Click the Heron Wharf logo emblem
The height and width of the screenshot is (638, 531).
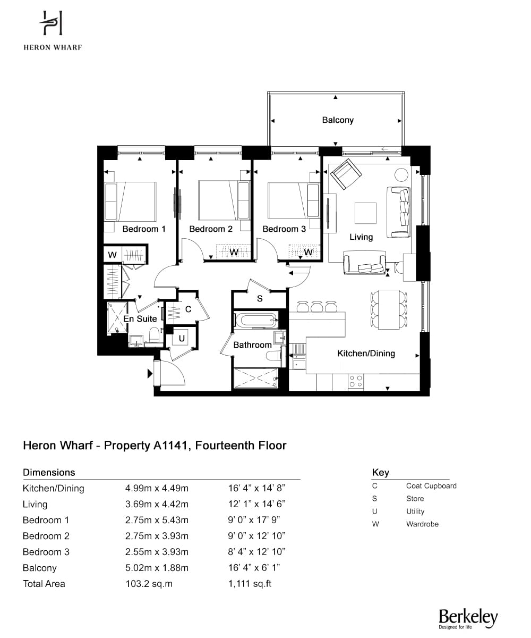(51, 23)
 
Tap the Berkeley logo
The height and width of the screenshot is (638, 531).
(468, 618)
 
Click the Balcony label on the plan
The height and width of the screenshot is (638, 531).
(338, 120)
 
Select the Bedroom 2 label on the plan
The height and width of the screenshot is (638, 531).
(211, 229)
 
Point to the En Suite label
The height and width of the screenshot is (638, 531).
(140, 318)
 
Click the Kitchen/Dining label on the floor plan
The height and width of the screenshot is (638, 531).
(366, 353)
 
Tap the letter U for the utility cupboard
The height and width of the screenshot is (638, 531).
(182, 338)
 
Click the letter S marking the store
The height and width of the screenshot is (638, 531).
(260, 298)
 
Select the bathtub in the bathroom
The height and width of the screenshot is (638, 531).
(256, 320)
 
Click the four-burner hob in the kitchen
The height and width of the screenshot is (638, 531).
(356, 381)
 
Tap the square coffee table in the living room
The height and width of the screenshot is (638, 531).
(365, 213)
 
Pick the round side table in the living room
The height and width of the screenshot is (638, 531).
(401, 175)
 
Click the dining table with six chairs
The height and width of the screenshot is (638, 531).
(389, 309)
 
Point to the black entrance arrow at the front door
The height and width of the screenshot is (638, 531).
(150, 373)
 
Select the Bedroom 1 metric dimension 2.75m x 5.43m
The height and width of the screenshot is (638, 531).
(157, 521)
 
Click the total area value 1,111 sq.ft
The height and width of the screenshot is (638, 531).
(250, 584)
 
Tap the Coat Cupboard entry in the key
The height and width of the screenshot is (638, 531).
(431, 486)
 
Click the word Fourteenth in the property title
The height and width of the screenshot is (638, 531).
(224, 446)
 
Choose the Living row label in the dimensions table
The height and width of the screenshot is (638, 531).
(35, 505)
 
